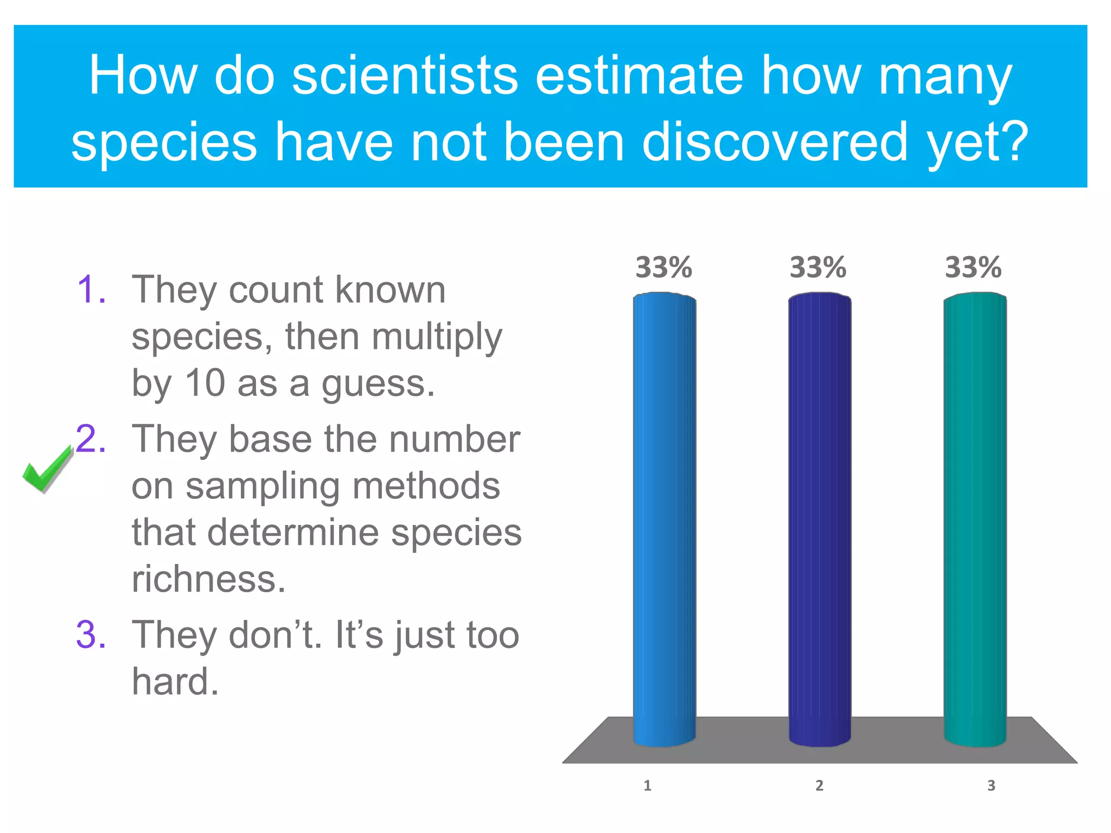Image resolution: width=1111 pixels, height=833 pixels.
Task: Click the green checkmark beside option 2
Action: pos(47,470)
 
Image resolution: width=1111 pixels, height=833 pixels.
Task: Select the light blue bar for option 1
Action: pos(664,515)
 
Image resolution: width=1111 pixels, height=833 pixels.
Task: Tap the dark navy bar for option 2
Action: pos(819,515)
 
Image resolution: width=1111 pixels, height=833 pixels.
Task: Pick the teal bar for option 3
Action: pos(975,515)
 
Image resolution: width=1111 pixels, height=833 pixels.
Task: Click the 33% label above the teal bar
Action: pos(973,267)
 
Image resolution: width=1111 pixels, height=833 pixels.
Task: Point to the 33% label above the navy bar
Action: pos(818,267)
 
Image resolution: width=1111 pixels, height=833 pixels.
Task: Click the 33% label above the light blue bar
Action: pos(663,267)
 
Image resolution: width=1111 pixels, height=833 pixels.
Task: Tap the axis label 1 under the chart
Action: pos(647,785)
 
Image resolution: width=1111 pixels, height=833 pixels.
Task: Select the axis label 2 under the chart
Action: pos(819,785)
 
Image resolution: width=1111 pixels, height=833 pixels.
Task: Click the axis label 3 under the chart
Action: pos(991,785)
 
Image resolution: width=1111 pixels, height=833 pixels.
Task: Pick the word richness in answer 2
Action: pos(208,579)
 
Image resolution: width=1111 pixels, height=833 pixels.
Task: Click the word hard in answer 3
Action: pos(175,681)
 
